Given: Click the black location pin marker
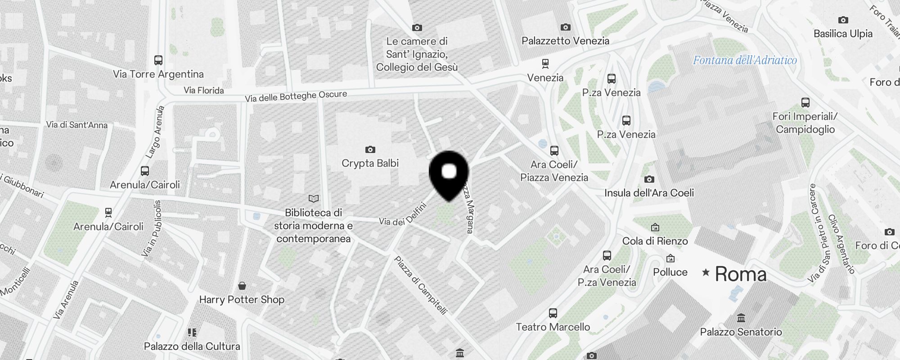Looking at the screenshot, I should coord(449,174).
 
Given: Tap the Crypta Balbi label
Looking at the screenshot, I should coord(370,163).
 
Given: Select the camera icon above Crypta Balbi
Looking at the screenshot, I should coord(370,149).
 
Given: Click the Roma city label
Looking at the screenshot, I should coord(741,274).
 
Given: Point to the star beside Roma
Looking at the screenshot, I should coord(706,272).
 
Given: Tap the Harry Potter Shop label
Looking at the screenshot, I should coord(242,300).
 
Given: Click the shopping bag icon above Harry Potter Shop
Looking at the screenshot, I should coord(242,286).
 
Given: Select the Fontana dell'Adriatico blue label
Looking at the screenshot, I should coord(745,60).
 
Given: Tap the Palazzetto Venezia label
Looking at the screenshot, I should coord(565,41).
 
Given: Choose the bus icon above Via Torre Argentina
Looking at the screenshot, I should coord(158,60).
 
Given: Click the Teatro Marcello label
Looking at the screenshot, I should coord(553,327).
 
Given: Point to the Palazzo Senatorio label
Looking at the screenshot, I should coord(741,332).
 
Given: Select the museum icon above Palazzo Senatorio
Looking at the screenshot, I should coord(741,319).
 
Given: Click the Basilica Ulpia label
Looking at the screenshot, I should coord(843,34).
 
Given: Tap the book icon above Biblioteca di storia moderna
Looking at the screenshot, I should coord(314,198).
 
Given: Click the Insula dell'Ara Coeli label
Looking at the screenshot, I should coord(649,193).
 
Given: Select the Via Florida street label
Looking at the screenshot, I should coord(203,90).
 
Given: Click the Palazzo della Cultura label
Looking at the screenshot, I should coord(192,346).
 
